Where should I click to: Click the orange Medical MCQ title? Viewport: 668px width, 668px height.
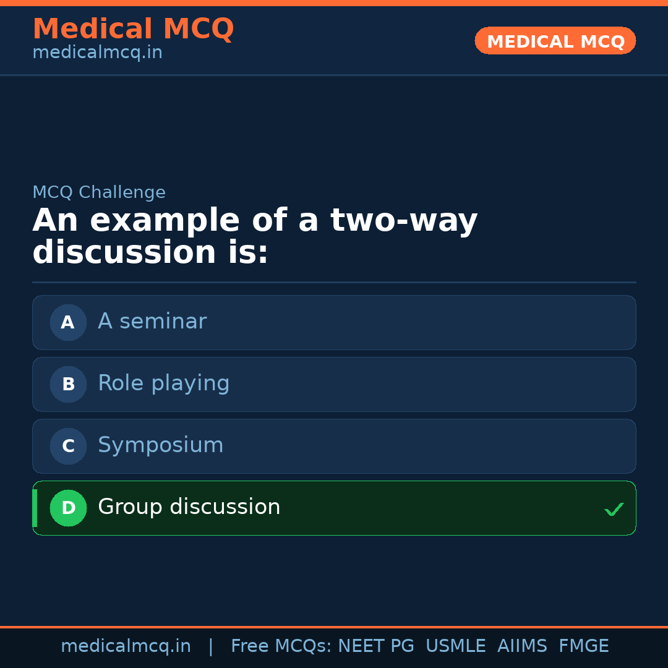point(133,29)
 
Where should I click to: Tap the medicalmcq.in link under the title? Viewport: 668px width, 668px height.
point(97,53)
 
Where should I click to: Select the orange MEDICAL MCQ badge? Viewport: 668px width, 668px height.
point(555,41)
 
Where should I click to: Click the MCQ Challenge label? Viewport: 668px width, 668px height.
point(99,192)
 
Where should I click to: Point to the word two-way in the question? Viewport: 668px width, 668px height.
point(404,221)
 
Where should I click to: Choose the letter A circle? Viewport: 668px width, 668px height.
point(68,322)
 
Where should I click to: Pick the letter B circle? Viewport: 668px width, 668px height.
point(68,384)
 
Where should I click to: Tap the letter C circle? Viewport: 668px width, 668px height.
point(68,446)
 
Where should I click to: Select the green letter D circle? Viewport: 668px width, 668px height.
point(68,508)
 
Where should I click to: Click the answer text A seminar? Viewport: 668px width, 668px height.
point(152,322)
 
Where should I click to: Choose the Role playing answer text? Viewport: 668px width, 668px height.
point(163,383)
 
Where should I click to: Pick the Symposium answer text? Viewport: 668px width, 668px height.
point(160,445)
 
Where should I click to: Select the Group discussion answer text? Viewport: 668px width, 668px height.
point(189,507)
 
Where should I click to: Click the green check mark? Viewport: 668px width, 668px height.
point(614,510)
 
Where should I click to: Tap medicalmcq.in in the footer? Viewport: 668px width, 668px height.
point(126,646)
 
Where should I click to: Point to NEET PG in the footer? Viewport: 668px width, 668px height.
point(376,646)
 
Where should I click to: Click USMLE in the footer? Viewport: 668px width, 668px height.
point(455,646)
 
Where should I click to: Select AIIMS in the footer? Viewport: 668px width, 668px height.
point(522,646)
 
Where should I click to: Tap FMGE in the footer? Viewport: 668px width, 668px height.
point(583,646)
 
